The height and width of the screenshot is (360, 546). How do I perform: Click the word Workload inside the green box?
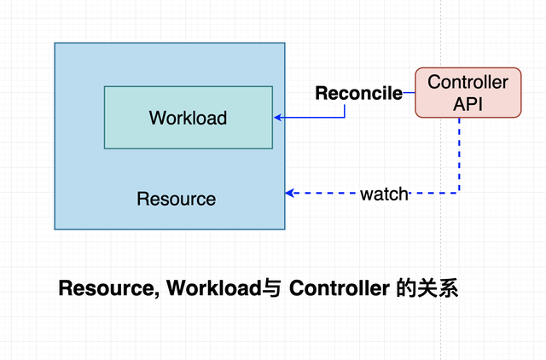188,118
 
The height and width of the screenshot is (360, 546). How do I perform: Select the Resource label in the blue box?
177,199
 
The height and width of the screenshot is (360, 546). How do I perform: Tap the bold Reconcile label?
358,93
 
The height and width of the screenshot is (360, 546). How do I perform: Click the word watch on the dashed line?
384,194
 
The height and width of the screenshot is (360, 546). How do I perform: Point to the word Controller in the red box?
468,82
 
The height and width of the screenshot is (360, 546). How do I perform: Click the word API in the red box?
468,104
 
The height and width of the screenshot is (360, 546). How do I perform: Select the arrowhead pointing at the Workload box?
277,118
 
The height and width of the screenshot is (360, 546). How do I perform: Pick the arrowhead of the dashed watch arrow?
290,193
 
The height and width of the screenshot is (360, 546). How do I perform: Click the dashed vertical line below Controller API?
459,155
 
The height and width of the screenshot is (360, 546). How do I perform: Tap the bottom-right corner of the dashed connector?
459,193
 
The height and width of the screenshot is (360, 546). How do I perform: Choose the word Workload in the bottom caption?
214,288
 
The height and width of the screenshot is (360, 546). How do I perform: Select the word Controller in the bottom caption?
340,288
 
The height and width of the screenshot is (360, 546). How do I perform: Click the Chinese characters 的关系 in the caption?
427,288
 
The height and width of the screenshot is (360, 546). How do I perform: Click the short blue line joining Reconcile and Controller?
409,93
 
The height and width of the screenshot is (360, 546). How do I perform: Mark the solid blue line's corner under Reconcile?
345,118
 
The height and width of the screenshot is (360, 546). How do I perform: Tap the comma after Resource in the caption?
157,294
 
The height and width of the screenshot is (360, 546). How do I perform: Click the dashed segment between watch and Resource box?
325,193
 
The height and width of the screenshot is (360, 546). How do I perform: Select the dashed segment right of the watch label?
434,193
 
